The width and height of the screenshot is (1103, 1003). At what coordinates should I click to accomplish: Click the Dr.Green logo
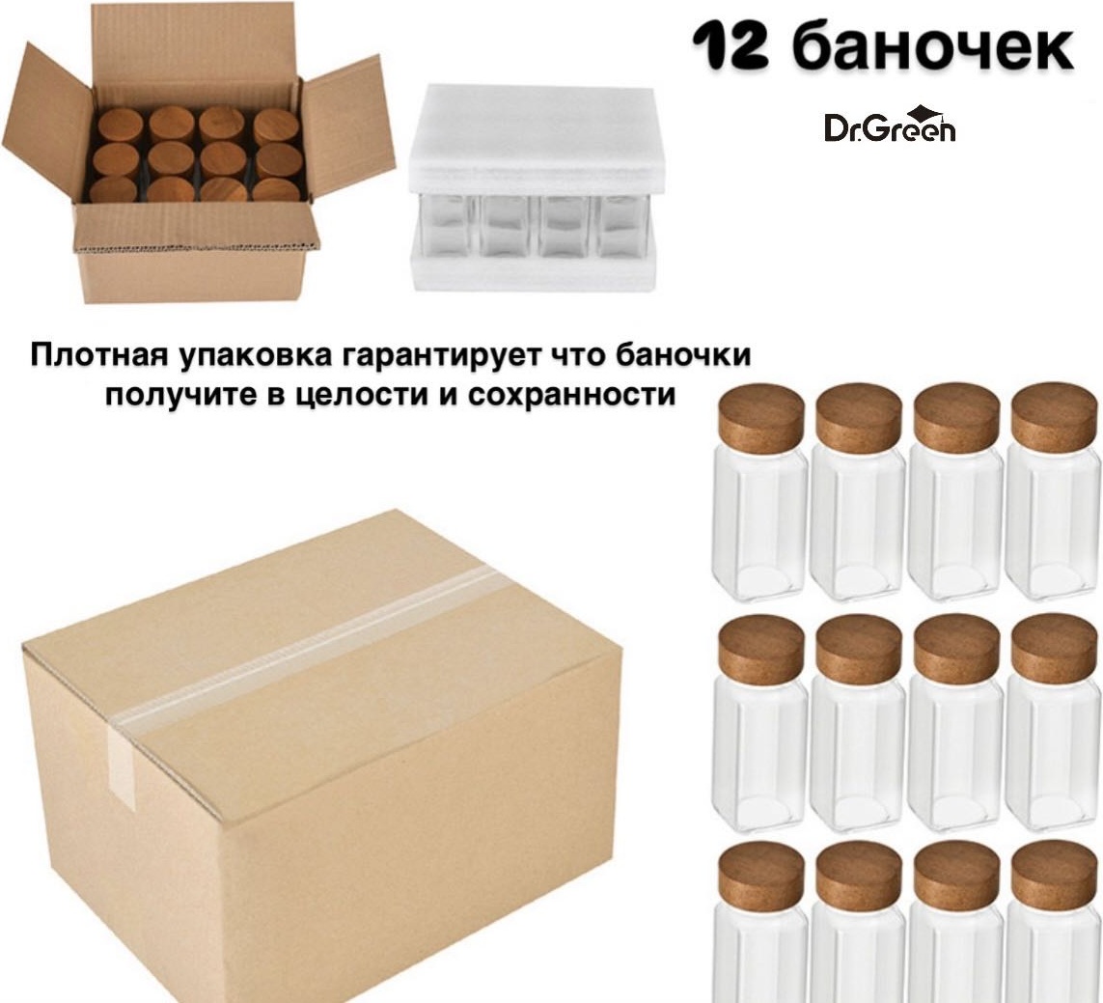click(890, 125)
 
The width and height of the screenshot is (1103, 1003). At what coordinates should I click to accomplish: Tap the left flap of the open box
click(46, 124)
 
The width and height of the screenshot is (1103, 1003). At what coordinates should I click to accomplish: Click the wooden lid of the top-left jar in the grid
click(761, 419)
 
